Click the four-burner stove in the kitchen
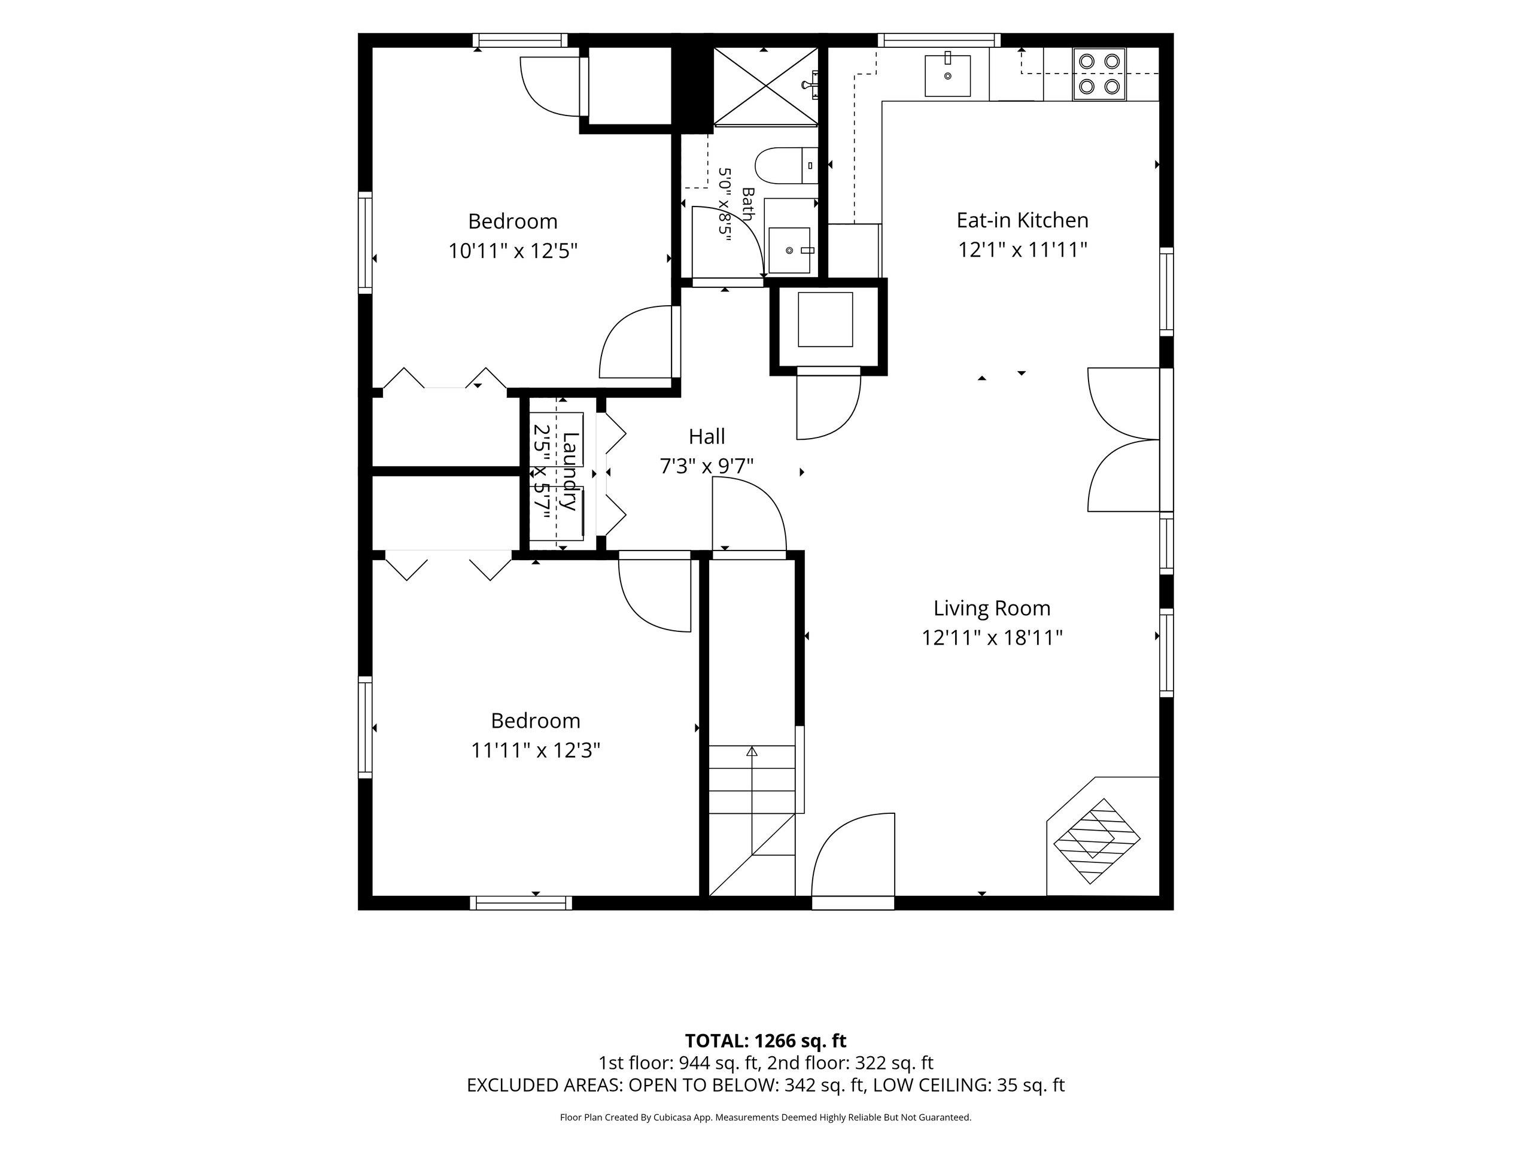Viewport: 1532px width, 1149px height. coord(1099,74)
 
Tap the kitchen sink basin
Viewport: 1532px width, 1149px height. coord(947,75)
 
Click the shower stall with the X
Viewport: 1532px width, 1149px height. coord(765,87)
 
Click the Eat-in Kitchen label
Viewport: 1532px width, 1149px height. coord(1022,220)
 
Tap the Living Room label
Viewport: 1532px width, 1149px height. coord(992,608)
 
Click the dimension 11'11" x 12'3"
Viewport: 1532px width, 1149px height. coord(536,750)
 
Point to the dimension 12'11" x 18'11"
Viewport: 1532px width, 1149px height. coord(992,637)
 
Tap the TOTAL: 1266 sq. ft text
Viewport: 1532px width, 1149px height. coord(765,1041)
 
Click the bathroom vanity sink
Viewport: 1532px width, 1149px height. coord(789,250)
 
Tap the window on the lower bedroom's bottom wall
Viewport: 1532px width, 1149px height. coord(521,902)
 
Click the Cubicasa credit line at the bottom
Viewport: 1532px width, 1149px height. coord(765,1117)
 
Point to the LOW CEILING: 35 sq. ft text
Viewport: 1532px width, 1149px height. coord(968,1086)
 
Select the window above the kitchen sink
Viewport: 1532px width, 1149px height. coord(939,40)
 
